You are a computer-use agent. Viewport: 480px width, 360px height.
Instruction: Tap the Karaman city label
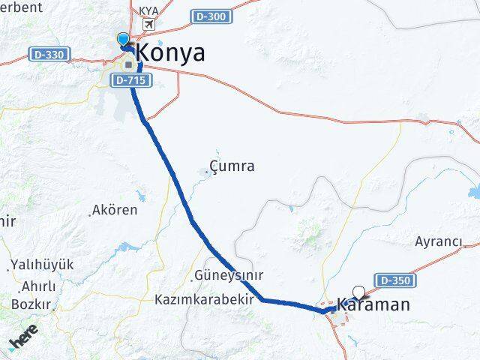373,304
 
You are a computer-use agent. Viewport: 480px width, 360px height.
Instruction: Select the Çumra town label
232,166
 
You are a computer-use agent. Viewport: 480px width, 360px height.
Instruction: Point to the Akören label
114,210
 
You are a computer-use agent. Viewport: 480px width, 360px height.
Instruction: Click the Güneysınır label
228,275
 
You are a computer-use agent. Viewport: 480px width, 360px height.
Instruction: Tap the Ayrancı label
439,241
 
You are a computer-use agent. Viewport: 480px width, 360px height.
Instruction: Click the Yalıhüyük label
42,265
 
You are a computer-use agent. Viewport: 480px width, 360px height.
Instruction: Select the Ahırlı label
39,286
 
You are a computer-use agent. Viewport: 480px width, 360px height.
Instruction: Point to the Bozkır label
31,304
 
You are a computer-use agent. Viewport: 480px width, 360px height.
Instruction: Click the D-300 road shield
211,16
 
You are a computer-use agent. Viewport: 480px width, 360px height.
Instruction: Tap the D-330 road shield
49,54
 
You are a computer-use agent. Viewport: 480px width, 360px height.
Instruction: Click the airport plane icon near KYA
148,24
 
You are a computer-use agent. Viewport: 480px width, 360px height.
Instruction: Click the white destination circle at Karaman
358,292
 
